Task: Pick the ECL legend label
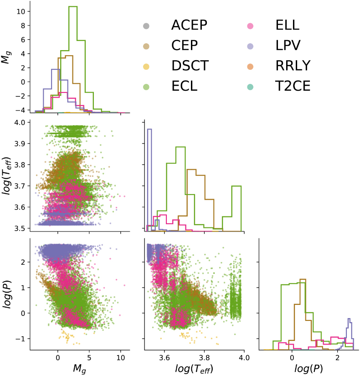coord(185,86)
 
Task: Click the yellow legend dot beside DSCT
coord(144,66)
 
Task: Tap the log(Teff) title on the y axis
coord(7,175)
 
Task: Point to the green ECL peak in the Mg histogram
coord(73,7)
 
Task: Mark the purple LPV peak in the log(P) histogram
coord(349,319)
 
